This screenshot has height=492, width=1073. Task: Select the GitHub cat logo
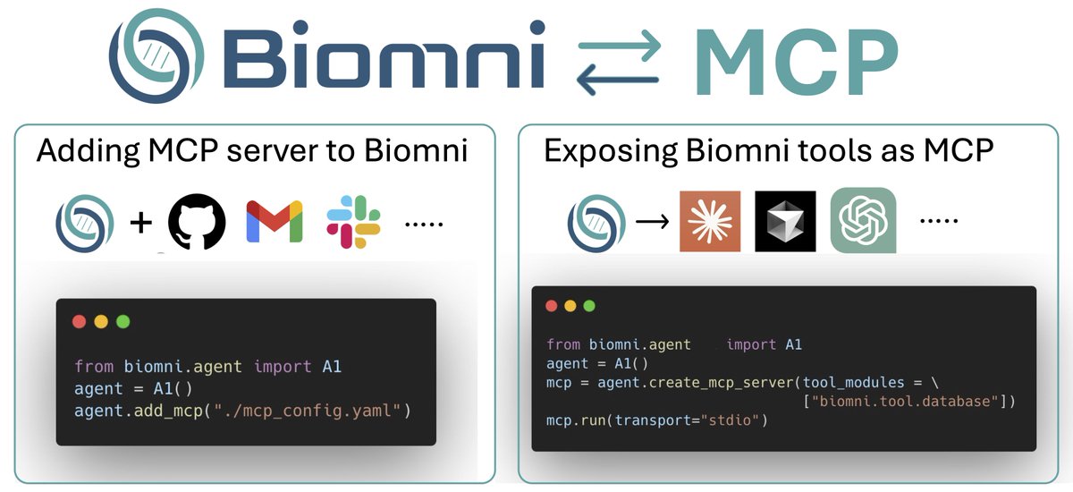tap(197, 221)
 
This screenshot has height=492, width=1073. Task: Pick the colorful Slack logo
tap(353, 222)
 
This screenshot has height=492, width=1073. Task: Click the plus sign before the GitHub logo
tap(141, 223)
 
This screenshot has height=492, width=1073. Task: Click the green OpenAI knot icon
tap(863, 220)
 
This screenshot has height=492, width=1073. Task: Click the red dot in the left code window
tap(79, 321)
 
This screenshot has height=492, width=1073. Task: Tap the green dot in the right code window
tap(589, 306)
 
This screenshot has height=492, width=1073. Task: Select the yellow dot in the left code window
tap(100, 321)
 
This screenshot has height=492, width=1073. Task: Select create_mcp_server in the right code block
tap(697, 383)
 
